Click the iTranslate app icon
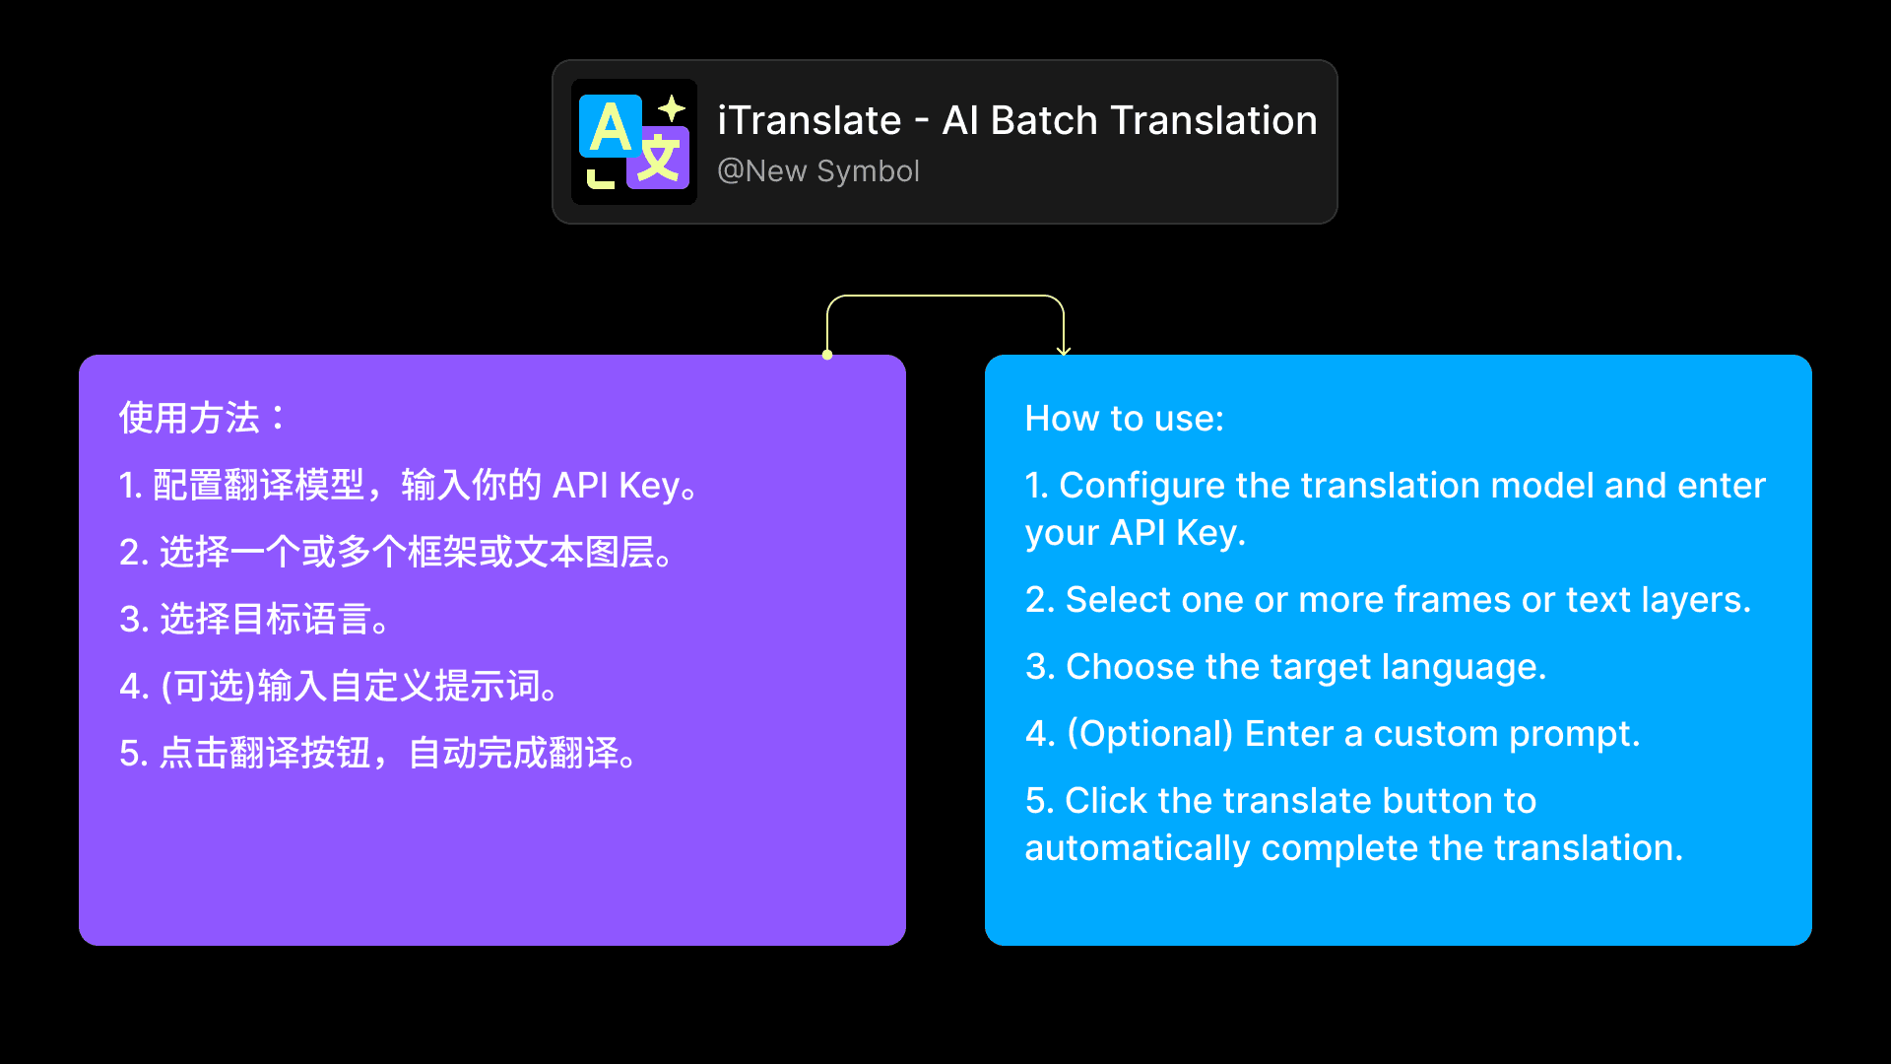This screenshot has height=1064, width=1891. [634, 142]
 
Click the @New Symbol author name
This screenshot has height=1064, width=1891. [818, 171]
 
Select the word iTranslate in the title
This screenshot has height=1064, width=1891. [809, 121]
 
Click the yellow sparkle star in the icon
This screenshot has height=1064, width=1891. [672, 107]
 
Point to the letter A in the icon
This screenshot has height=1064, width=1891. [611, 128]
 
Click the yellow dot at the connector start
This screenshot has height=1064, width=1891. [827, 355]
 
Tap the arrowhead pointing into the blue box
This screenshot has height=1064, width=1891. [1064, 350]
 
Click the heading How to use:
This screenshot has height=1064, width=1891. [1124, 419]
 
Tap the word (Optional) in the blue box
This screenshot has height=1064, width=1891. [1150, 734]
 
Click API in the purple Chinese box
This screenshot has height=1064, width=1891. [580, 486]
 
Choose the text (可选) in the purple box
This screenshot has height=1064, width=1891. [208, 687]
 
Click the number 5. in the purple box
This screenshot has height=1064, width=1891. [133, 754]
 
